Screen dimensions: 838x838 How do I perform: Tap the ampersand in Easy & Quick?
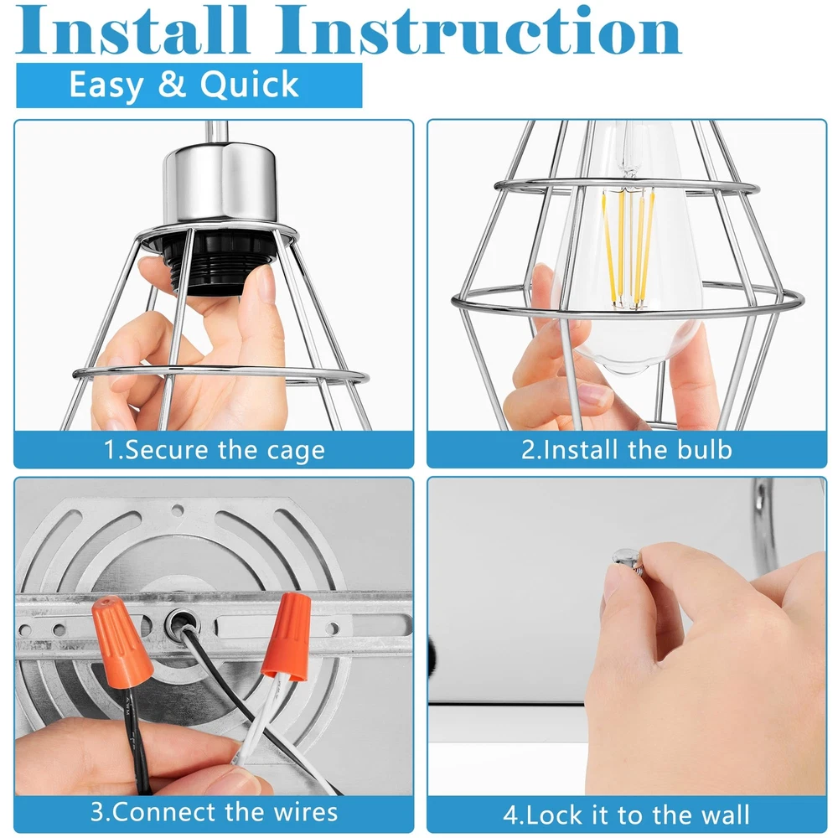coord(172,85)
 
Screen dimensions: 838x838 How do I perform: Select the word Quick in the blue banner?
coord(249,85)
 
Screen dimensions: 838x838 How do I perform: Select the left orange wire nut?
coord(121,642)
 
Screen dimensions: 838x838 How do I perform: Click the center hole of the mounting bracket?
coord(182,622)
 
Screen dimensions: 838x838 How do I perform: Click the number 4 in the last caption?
coord(511,815)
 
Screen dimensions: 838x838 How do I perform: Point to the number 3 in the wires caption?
coord(98,812)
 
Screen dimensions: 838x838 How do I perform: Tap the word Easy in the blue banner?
coord(106,85)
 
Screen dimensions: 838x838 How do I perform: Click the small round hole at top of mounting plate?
coord(177,510)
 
